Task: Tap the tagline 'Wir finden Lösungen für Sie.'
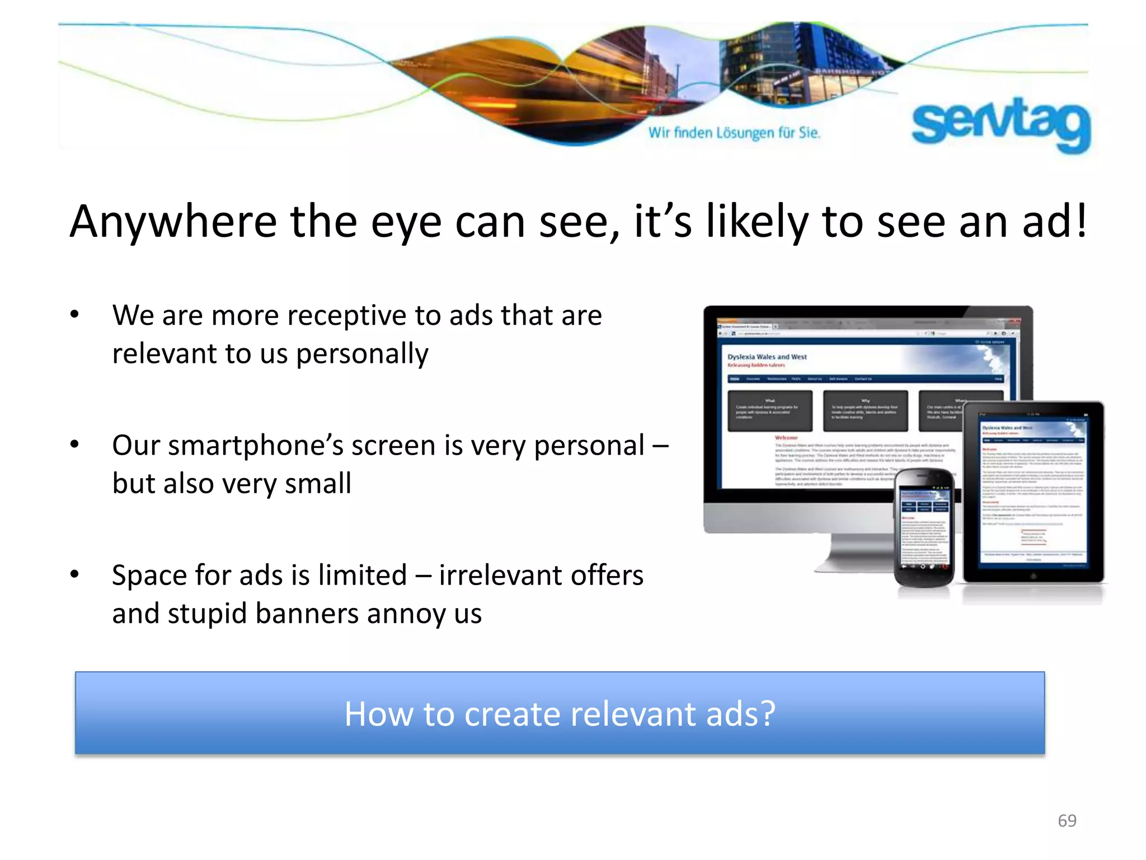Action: point(734,133)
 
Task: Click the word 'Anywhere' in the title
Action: point(173,222)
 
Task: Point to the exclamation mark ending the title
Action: point(1081,221)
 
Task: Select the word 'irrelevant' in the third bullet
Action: point(499,576)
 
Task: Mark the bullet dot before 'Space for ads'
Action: point(74,574)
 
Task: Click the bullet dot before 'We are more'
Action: point(74,314)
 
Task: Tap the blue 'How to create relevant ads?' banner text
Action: point(560,714)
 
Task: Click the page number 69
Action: point(1067,821)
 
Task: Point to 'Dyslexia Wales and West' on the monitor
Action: point(767,357)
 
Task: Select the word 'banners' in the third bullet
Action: point(307,614)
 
